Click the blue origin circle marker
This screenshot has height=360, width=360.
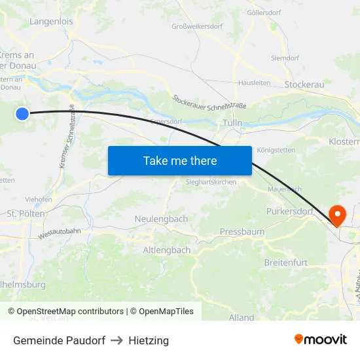(22, 114)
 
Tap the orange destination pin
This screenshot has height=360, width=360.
(338, 215)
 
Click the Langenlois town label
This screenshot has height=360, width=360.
(51, 22)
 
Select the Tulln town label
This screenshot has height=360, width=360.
(232, 123)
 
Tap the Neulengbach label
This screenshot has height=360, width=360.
(161, 219)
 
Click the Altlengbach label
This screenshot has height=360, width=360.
(167, 250)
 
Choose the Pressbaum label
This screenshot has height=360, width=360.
(242, 232)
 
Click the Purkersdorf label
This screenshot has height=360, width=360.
(291, 211)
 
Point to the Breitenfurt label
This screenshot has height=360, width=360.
(285, 262)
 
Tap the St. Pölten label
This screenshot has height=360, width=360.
(26, 213)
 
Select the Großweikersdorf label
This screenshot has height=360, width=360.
(196, 27)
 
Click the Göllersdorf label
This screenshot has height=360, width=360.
(264, 12)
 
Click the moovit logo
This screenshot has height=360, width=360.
(321, 340)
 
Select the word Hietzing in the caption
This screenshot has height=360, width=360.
(149, 340)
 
